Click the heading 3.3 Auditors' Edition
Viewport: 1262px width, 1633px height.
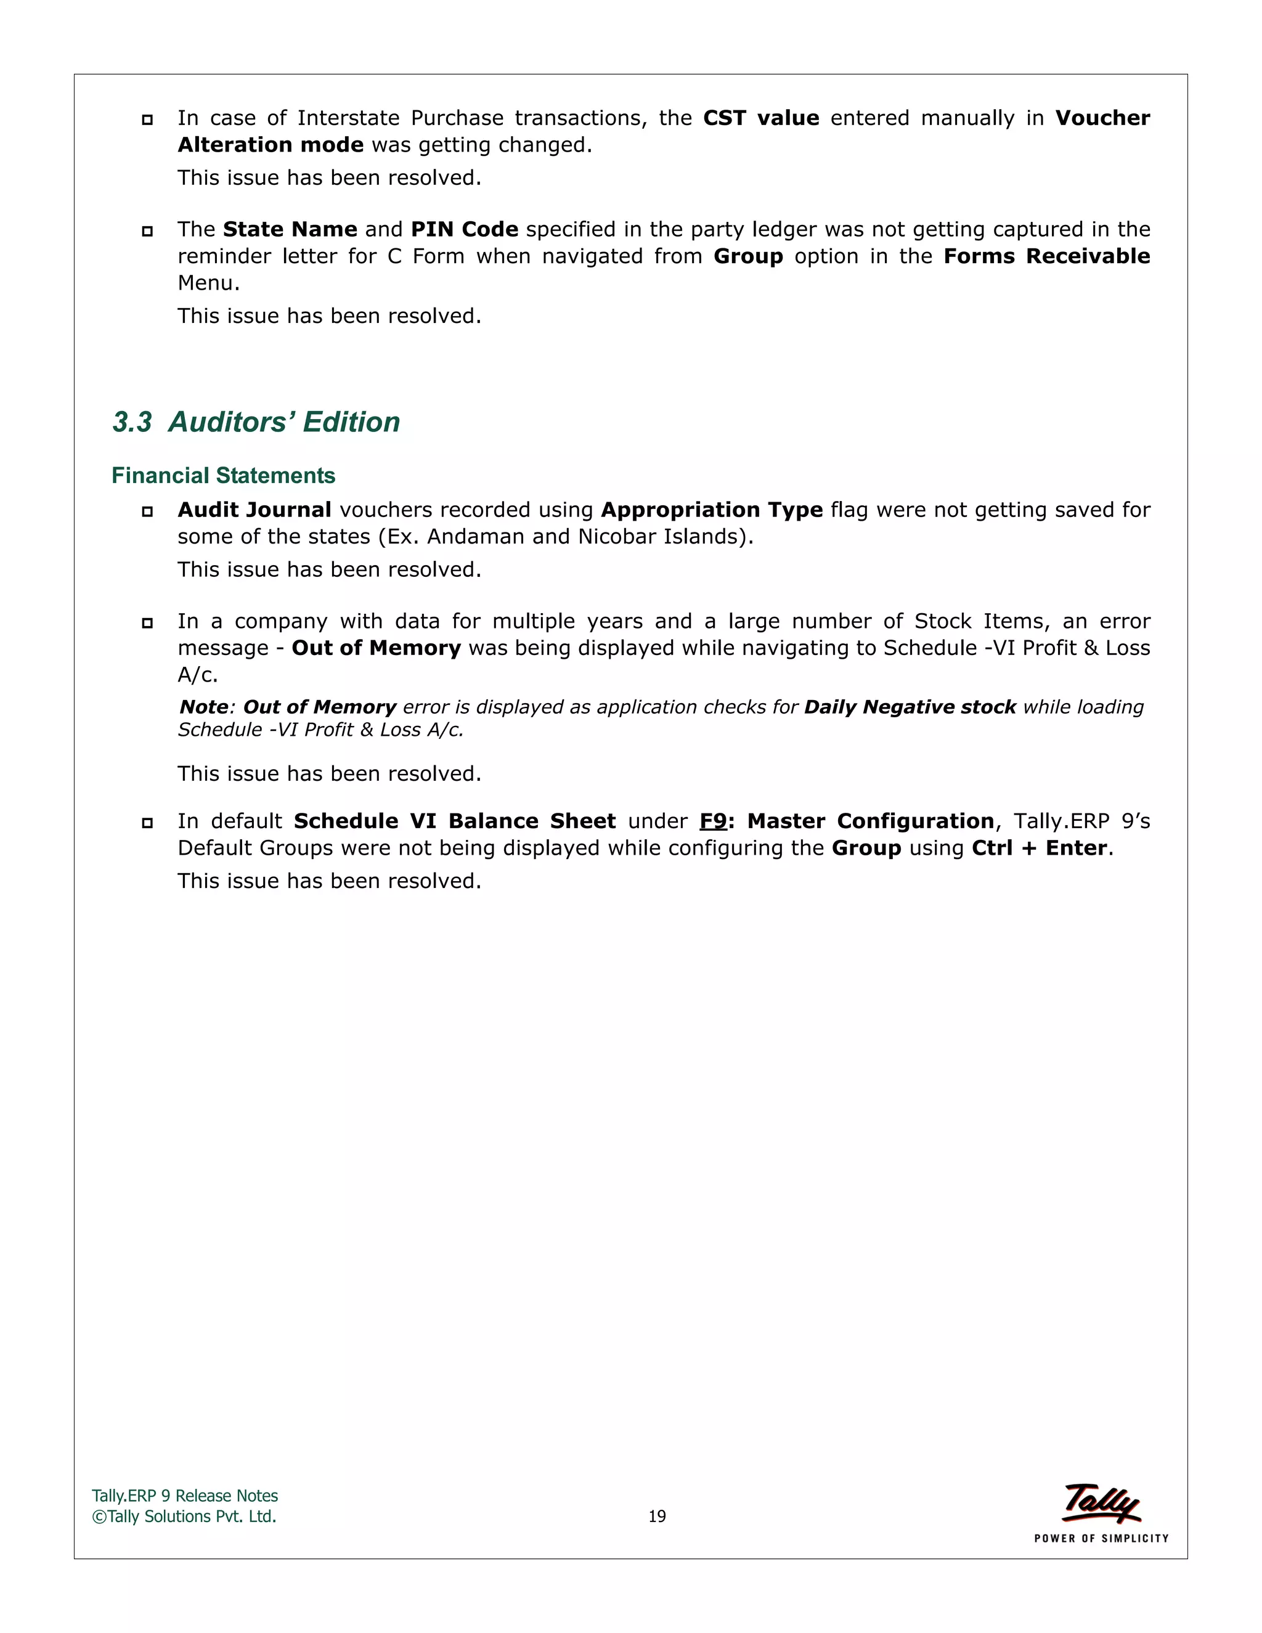tap(256, 423)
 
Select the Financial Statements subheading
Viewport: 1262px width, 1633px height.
tap(223, 476)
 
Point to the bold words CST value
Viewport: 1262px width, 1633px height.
tap(760, 118)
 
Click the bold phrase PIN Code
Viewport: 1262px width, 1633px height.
tap(464, 230)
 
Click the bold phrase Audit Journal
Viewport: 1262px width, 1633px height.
tap(254, 510)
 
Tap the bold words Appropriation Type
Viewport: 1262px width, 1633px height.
tap(711, 510)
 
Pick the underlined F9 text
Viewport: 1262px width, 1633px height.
tap(712, 821)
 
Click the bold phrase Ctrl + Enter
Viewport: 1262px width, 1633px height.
tap(1038, 848)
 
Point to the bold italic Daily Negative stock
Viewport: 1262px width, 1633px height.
tap(909, 707)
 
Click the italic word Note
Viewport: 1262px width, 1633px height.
tap(203, 707)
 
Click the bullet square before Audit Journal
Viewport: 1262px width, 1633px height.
tap(147, 511)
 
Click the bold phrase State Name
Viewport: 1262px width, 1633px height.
tap(290, 230)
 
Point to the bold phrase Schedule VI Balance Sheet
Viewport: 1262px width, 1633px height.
tap(455, 821)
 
